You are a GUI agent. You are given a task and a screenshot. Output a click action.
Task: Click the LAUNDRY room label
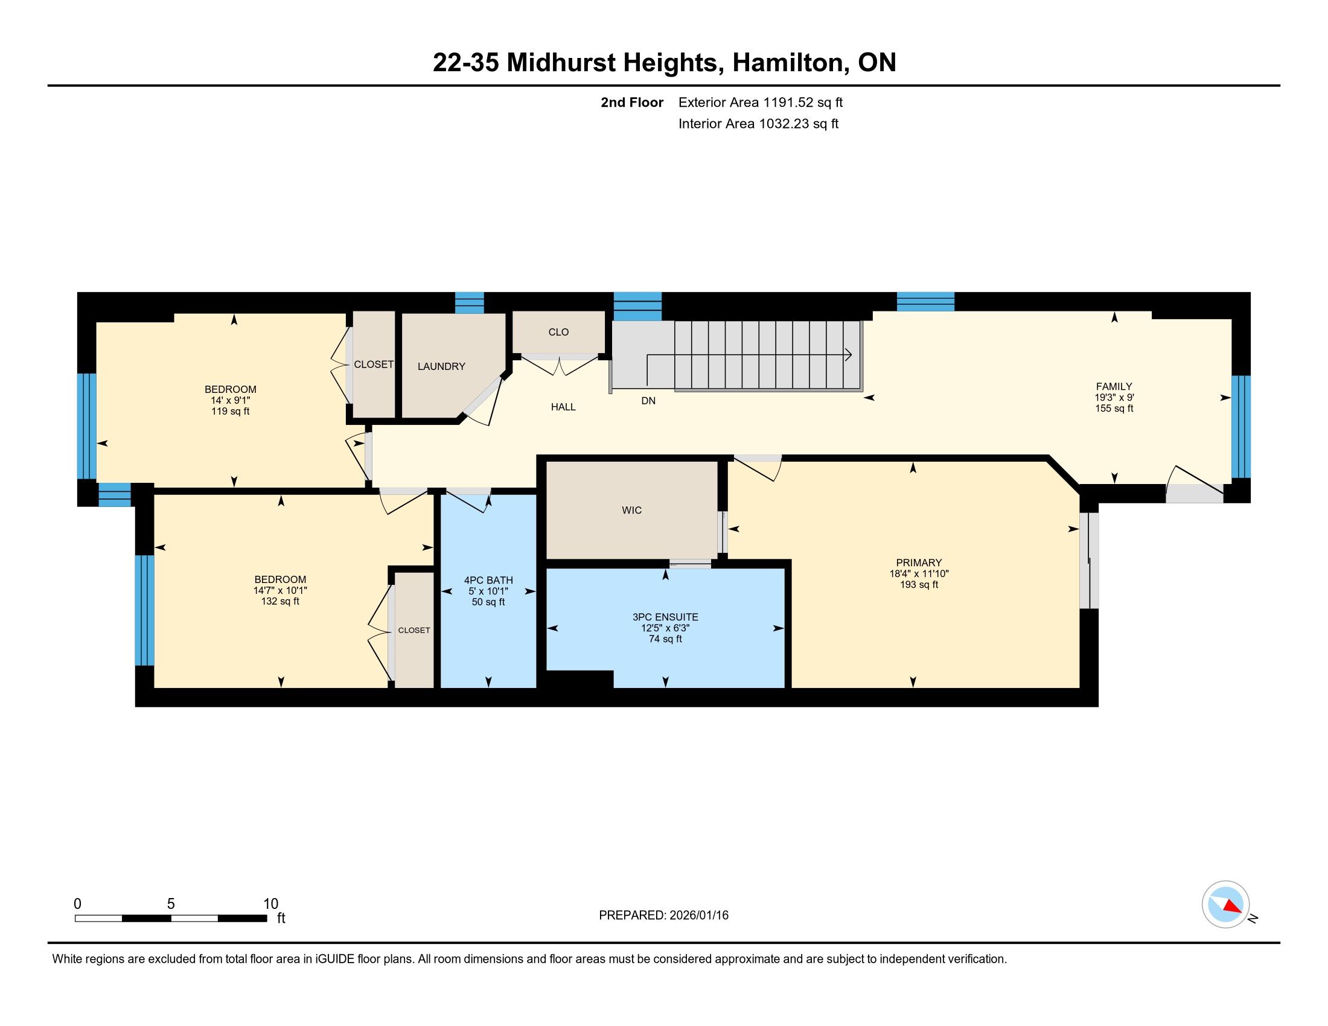tap(441, 366)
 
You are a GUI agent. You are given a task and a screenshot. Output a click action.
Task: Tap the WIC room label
tap(632, 511)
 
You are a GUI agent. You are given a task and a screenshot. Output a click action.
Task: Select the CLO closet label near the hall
tap(559, 332)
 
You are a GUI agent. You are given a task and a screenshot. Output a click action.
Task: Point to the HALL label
tap(563, 407)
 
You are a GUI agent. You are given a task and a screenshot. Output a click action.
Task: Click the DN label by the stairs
tap(648, 401)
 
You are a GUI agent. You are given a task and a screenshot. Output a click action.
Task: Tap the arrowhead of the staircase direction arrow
tap(848, 355)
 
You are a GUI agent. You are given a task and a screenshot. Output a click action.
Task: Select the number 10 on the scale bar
tap(270, 904)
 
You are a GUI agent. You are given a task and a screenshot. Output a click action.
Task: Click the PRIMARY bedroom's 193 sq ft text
tap(919, 585)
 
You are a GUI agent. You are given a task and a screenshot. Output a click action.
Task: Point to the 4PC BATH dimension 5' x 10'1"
tap(488, 591)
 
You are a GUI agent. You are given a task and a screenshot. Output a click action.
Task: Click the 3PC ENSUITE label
tap(665, 617)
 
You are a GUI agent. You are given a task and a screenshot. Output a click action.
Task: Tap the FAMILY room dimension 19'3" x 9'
tap(1114, 398)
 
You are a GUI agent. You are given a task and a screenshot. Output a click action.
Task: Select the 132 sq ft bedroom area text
tap(279, 602)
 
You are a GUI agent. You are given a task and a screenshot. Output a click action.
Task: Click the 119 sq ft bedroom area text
tap(230, 412)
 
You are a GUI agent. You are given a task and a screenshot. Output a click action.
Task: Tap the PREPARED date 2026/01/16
tap(698, 916)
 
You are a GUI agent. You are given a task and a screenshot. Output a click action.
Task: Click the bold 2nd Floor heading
tap(632, 103)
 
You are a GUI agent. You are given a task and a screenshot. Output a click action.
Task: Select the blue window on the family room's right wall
tap(1241, 427)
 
